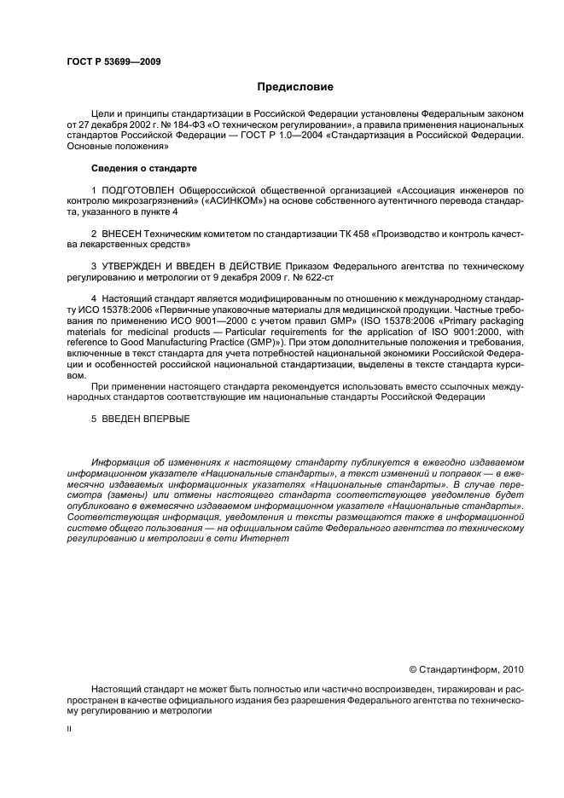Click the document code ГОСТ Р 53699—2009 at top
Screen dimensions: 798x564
coord(113,62)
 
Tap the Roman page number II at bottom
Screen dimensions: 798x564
coord(69,730)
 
